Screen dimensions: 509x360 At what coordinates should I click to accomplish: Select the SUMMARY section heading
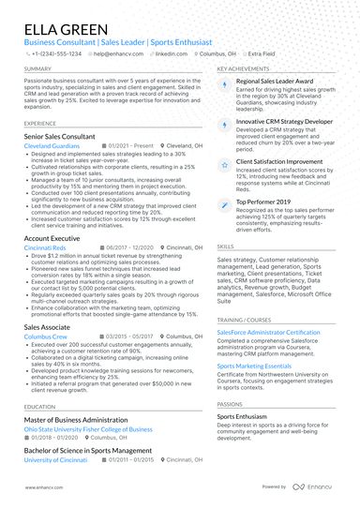38,68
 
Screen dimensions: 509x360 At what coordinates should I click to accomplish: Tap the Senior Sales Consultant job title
60,137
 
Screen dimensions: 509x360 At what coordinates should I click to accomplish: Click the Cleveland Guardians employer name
52,146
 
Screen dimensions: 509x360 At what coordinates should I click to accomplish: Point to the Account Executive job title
52,239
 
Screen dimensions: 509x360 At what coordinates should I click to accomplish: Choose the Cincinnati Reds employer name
45,247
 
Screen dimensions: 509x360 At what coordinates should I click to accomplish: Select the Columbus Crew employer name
45,335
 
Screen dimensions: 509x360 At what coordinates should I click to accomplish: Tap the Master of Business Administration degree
75,420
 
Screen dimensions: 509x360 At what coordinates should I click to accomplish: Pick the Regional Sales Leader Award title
275,82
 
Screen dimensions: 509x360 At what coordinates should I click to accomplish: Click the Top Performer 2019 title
263,202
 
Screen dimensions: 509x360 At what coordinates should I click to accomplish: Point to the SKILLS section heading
226,247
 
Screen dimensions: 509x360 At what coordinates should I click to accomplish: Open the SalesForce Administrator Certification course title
268,333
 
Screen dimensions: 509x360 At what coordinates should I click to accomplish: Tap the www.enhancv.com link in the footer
44,487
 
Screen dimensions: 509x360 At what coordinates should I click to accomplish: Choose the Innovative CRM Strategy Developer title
284,122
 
